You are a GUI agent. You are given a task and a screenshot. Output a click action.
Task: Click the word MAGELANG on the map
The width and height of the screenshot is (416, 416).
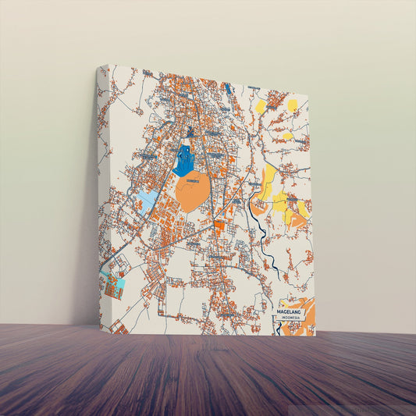coord(292,311)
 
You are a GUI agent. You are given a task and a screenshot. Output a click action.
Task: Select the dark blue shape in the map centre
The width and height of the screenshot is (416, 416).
coord(184,160)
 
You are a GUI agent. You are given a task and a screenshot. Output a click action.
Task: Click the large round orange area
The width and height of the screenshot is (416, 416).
coord(192,191)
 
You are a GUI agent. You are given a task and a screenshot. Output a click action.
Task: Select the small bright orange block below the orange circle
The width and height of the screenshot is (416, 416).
coord(219,226)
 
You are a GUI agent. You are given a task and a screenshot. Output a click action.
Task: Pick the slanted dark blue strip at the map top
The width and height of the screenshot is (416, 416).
coord(228,88)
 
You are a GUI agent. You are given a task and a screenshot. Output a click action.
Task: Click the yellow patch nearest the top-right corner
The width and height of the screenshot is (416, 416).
coord(292,105)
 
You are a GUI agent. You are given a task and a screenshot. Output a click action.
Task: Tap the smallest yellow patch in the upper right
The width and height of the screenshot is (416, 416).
coord(287,136)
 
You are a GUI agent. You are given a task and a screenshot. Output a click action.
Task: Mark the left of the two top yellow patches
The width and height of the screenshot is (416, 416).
coord(260,105)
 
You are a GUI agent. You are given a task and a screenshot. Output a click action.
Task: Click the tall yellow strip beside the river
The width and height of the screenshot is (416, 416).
coord(268,182)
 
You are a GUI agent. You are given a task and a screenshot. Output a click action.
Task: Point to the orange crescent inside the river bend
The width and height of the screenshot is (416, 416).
coord(257,206)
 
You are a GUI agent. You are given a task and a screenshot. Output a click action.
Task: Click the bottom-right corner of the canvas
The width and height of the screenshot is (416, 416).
coord(315,335)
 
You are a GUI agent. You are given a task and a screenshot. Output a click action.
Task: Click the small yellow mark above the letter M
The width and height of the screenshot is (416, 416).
coord(282,300)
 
